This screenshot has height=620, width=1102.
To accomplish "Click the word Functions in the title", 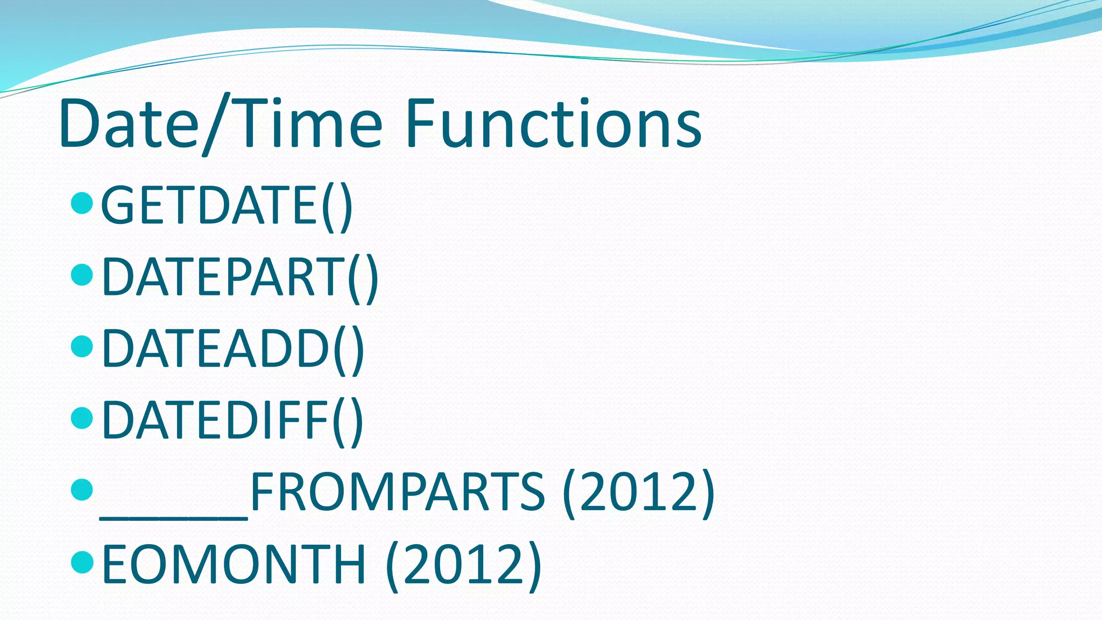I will pyautogui.click(x=553, y=124).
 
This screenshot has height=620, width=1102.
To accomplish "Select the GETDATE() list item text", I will pyautogui.click(x=226, y=206).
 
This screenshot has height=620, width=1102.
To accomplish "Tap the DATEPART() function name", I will pyautogui.click(x=239, y=277).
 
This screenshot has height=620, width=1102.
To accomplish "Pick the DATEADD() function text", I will pyautogui.click(x=232, y=349).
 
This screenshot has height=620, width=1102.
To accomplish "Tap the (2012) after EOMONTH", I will pyautogui.click(x=463, y=563).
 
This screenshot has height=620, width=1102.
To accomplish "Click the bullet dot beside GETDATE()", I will pyautogui.click(x=82, y=203).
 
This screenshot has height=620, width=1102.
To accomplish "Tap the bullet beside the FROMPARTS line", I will pyautogui.click(x=82, y=489).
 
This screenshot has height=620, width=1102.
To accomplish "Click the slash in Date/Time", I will pyautogui.click(x=216, y=125).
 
